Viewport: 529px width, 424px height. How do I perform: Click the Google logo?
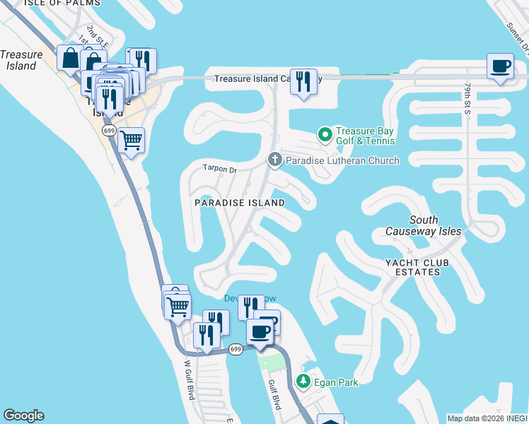pyautogui.click(x=23, y=416)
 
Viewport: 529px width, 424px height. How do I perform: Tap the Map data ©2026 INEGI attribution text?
pyautogui.click(x=487, y=418)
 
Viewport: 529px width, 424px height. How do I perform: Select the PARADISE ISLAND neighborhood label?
pyautogui.click(x=240, y=203)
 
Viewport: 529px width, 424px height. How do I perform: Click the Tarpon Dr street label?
pyautogui.click(x=219, y=169)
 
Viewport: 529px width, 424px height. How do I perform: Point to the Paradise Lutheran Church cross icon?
pyautogui.click(x=274, y=160)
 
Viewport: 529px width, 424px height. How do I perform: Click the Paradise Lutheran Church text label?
pyautogui.click(x=342, y=160)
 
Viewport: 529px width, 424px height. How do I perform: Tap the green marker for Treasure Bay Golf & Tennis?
pyautogui.click(x=325, y=134)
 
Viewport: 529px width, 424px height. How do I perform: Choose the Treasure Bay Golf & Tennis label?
pyautogui.click(x=365, y=135)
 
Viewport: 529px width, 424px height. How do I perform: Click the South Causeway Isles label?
pyautogui.click(x=424, y=225)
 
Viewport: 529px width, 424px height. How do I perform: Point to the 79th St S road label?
pyautogui.click(x=467, y=98)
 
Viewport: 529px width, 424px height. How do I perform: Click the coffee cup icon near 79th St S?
pyautogui.click(x=501, y=66)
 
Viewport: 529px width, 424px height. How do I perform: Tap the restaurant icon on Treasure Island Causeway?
pyautogui.click(x=303, y=81)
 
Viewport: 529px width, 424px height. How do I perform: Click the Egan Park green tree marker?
pyautogui.click(x=303, y=382)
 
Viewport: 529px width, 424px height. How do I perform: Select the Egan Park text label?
pyautogui.click(x=337, y=382)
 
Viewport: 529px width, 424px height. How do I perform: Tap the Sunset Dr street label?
pyautogui.click(x=516, y=35)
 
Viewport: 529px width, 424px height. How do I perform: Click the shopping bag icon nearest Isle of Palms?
pyautogui.click(x=71, y=59)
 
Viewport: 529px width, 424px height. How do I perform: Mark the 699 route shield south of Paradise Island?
pyautogui.click(x=236, y=349)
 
